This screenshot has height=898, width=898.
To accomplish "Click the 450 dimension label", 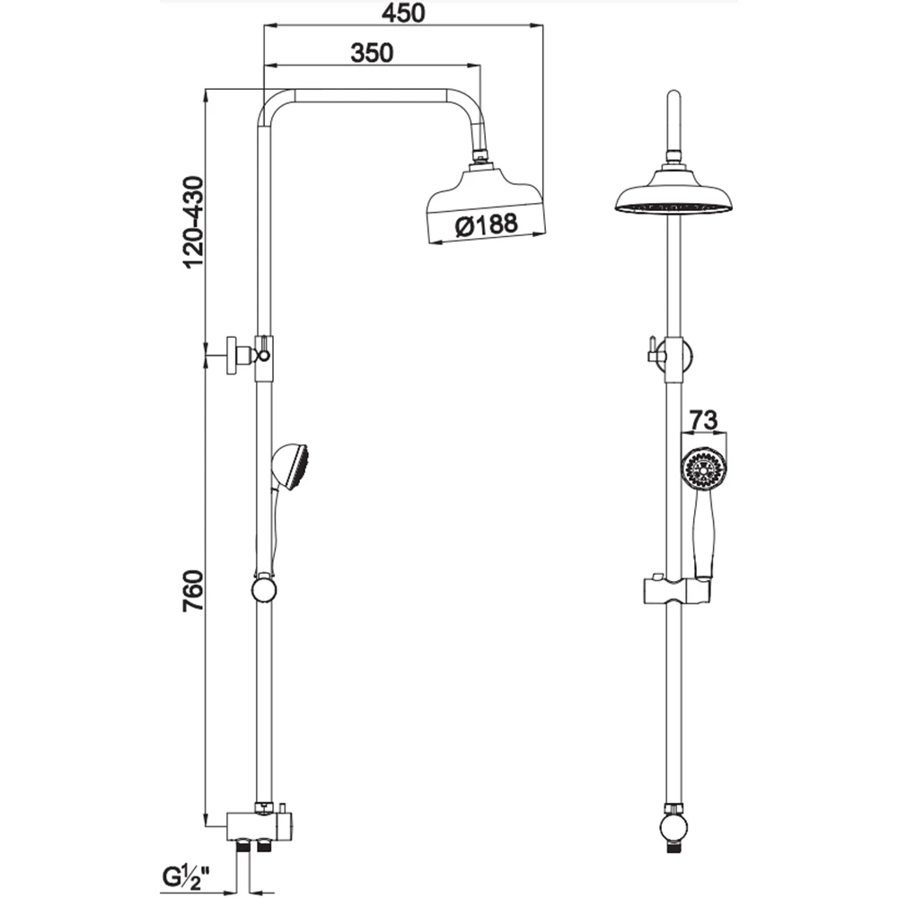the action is click(x=404, y=13).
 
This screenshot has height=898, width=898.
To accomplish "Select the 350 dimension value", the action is click(x=373, y=53).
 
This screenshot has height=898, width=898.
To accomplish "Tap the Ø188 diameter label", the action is click(x=486, y=224).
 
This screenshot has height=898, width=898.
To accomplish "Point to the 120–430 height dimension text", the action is click(x=193, y=222).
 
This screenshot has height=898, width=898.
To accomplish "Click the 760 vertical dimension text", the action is click(x=193, y=591).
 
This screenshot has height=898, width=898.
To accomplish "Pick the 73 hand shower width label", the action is click(x=703, y=419).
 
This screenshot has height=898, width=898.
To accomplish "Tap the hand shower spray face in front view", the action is click(x=704, y=469).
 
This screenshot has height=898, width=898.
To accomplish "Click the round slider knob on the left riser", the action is click(x=264, y=590).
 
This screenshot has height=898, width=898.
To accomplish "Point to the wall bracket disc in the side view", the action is click(x=234, y=356).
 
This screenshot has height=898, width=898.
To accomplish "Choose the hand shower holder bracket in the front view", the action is click(x=677, y=591).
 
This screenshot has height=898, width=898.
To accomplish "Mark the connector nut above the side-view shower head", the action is click(x=480, y=154).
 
